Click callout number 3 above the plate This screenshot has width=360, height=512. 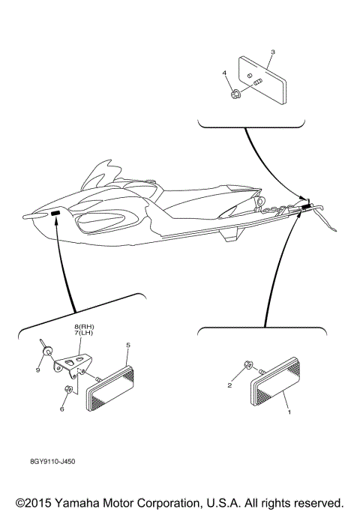point(272,52)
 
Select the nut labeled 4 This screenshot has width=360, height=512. point(235,94)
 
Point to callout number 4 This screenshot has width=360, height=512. point(223,73)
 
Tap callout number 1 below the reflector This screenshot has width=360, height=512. point(286,412)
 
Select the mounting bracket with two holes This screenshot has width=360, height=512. point(72,364)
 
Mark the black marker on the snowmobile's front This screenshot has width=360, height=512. point(56,214)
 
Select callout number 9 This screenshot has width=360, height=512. point(38,368)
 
